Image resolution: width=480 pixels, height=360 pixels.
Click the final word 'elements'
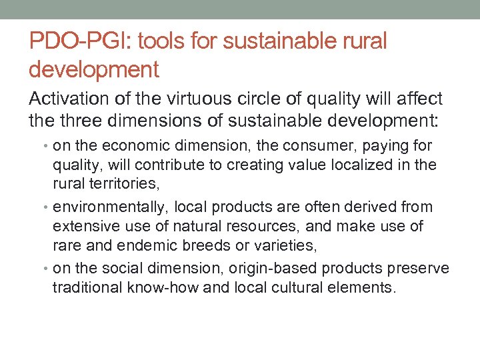coord(367,288)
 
